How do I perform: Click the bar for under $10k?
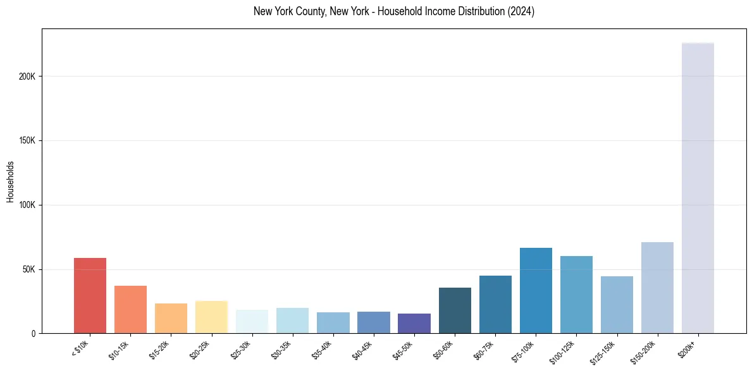90,295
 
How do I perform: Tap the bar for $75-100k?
536,290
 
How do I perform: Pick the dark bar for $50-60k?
455,310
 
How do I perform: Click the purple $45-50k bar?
414,323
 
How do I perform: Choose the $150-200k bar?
657,288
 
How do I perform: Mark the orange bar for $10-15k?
130,309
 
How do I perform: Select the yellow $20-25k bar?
211,317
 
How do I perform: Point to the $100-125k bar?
576,295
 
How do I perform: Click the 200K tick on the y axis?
27,76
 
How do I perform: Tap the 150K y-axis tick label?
27,140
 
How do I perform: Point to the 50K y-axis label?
28,269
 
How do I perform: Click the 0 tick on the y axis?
34,333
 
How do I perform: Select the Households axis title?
10,181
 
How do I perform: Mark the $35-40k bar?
333,322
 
